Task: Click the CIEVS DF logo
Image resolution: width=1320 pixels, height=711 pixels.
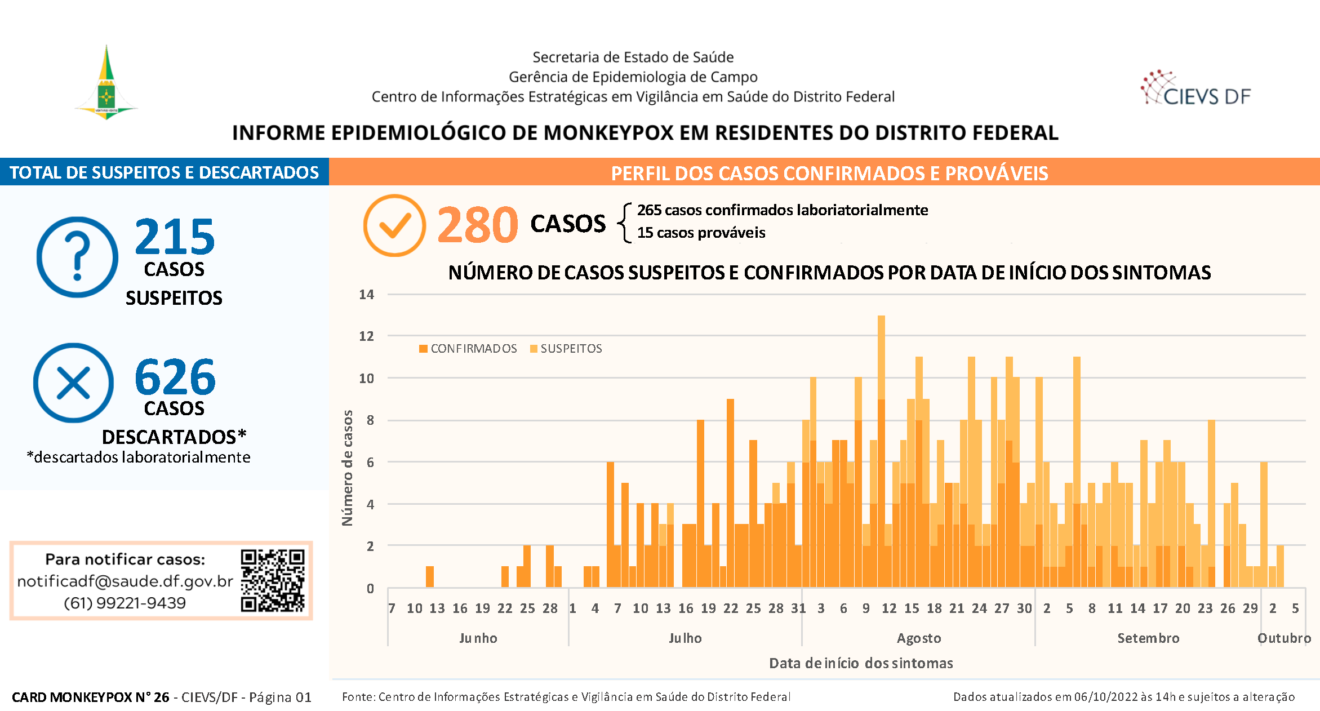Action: [1195, 88]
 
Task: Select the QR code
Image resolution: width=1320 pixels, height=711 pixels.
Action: [273, 580]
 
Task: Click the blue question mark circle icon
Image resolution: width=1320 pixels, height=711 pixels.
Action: [77, 257]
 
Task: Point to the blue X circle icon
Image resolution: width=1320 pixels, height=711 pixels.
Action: [74, 383]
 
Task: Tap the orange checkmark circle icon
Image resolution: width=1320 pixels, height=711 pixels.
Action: [394, 225]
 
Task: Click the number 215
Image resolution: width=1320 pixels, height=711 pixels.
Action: [175, 237]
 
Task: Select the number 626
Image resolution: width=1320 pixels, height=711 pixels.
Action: [175, 377]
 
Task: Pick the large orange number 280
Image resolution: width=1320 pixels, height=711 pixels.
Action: [478, 225]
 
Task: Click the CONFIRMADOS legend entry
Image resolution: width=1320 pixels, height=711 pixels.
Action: [468, 349]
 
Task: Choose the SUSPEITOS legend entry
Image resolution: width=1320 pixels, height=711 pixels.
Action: [566, 349]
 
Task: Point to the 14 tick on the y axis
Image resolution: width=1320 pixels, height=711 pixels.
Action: [366, 294]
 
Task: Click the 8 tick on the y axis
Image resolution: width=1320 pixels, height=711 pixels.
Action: [370, 420]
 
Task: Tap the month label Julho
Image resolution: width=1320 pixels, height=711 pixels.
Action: [685, 638]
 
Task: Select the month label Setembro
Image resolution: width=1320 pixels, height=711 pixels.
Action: [1148, 638]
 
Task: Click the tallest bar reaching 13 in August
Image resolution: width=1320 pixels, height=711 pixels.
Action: [881, 451]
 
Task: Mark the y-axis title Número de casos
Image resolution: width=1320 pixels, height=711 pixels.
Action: [348, 468]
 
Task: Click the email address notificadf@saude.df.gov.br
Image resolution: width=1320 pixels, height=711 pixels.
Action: [125, 581]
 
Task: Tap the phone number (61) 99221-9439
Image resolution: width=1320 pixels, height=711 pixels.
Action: [125, 603]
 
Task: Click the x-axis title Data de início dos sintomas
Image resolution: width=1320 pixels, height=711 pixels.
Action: [861, 663]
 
